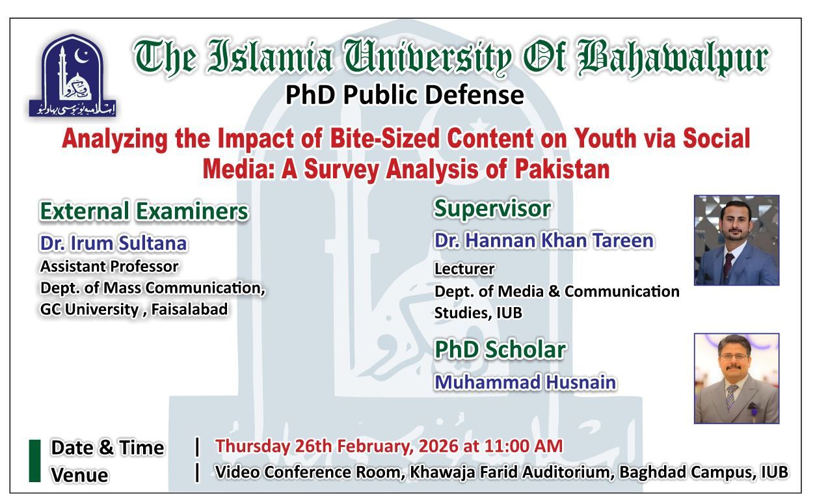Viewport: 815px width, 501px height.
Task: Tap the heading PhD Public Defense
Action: (x=405, y=95)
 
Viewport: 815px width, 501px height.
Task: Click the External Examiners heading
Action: (x=144, y=211)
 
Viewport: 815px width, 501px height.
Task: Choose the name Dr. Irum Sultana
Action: (x=113, y=243)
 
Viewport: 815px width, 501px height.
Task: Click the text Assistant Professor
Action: (x=109, y=266)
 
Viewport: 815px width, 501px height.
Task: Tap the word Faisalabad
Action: (x=190, y=309)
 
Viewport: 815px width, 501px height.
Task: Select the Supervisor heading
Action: (x=492, y=208)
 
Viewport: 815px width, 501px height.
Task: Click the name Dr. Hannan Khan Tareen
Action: (x=544, y=241)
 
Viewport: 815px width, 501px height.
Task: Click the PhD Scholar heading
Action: (x=499, y=349)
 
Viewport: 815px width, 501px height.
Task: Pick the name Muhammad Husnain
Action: (x=525, y=382)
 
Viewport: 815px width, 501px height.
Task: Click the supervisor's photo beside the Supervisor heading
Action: (x=736, y=240)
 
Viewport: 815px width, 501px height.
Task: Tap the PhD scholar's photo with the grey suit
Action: (x=736, y=378)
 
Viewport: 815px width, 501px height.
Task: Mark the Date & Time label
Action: (x=107, y=448)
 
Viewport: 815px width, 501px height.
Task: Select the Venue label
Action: (x=79, y=475)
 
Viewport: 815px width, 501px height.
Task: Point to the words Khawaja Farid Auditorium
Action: (x=511, y=472)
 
